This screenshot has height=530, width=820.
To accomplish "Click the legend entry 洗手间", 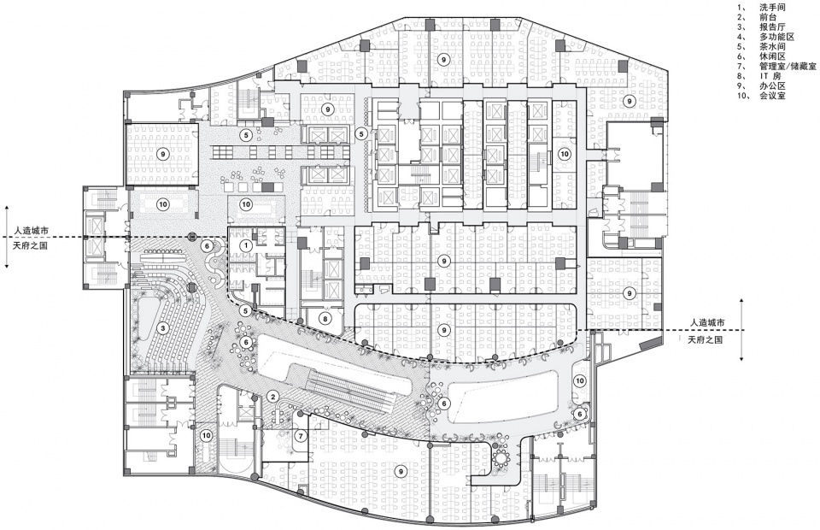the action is pos(772,8).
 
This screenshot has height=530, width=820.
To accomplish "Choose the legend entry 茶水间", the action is pos(772,46).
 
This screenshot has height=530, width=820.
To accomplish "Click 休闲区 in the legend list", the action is pos(772,56).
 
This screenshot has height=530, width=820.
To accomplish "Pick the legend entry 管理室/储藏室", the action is pos(788,67).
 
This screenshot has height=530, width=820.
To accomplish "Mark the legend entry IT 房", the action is pos(770,76).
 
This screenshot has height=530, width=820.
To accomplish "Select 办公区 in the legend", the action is pos(772,86).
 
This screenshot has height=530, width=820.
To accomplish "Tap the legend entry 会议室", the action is pos(772,97).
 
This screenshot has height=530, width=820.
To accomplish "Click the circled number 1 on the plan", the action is pos(246,244).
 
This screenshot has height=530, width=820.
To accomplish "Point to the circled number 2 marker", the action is pos(272,396).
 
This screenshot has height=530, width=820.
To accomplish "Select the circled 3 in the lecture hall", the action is pos(163,328).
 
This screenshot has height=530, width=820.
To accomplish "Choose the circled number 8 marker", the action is pos(325,317).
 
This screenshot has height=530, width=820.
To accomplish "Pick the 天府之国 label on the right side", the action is pos(706,339).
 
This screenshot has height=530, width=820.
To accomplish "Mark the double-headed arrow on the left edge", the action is pos(7,237).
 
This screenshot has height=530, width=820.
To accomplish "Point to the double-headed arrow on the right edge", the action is pos(742,329).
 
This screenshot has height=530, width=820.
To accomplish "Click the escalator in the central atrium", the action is pos(348,386).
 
